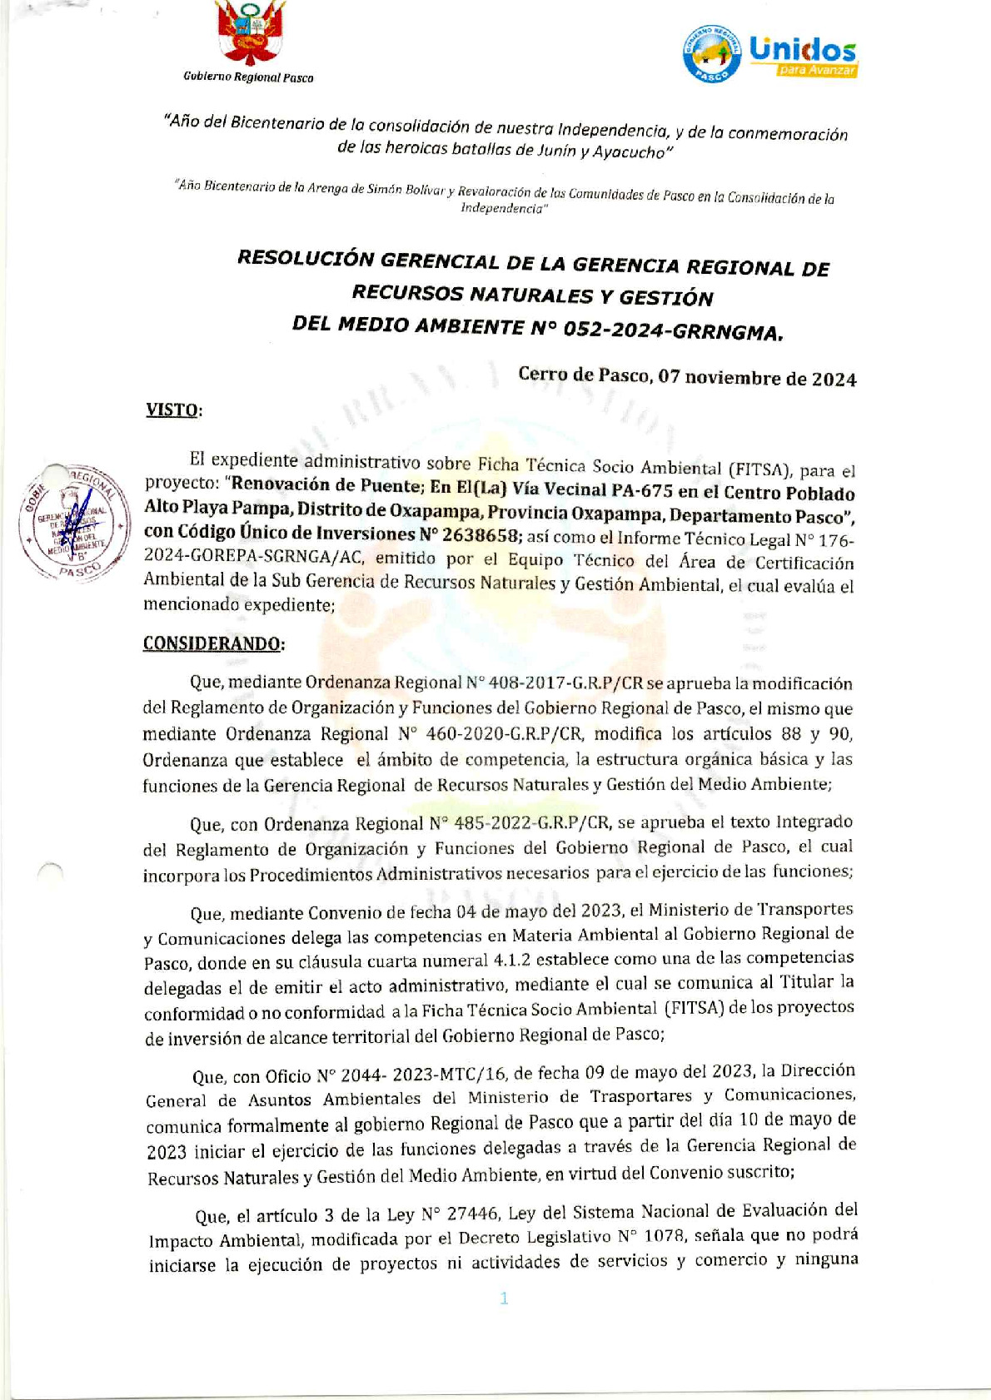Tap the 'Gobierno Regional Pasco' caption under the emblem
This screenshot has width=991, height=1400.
tap(248, 77)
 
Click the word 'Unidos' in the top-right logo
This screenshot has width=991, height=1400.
tap(802, 49)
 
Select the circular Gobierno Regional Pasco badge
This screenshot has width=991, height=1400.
tap(711, 52)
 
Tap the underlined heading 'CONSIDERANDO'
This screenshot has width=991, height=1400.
tap(212, 643)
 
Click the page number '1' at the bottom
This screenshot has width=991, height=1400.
tap(504, 1298)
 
